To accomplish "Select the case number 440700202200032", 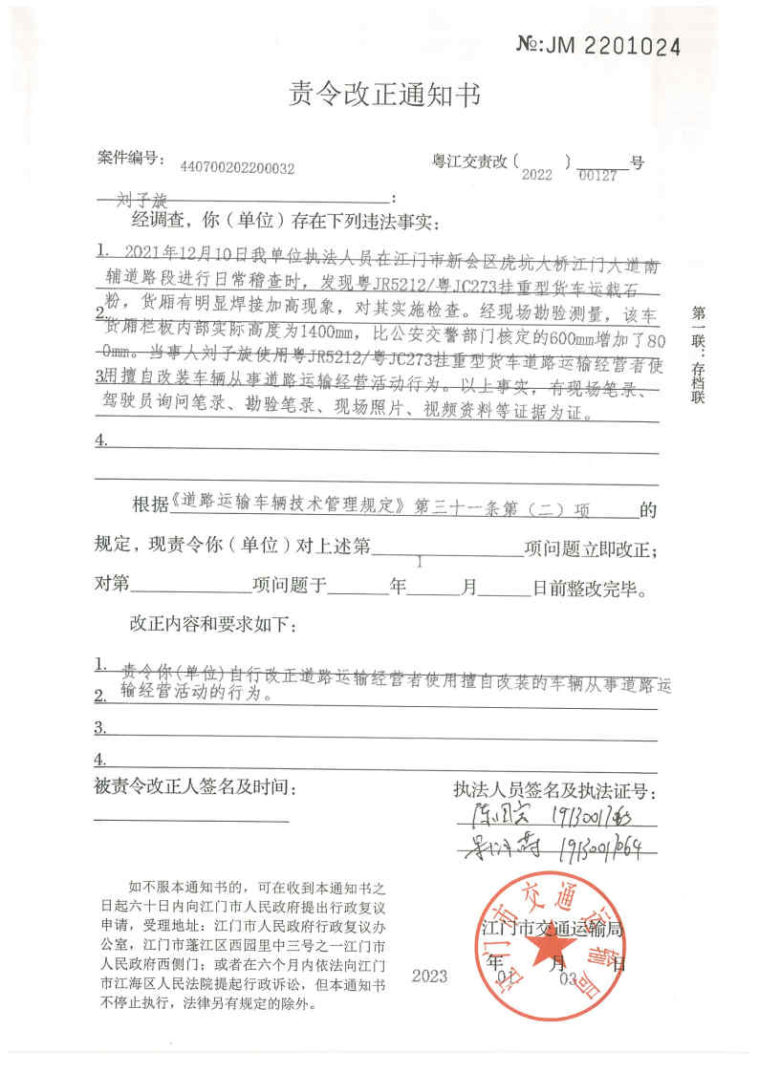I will point(237,168).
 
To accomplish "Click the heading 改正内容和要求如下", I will point(212,626).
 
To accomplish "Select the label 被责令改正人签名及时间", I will point(190,788).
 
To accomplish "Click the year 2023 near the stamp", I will point(429,976).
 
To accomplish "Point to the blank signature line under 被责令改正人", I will point(190,820).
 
